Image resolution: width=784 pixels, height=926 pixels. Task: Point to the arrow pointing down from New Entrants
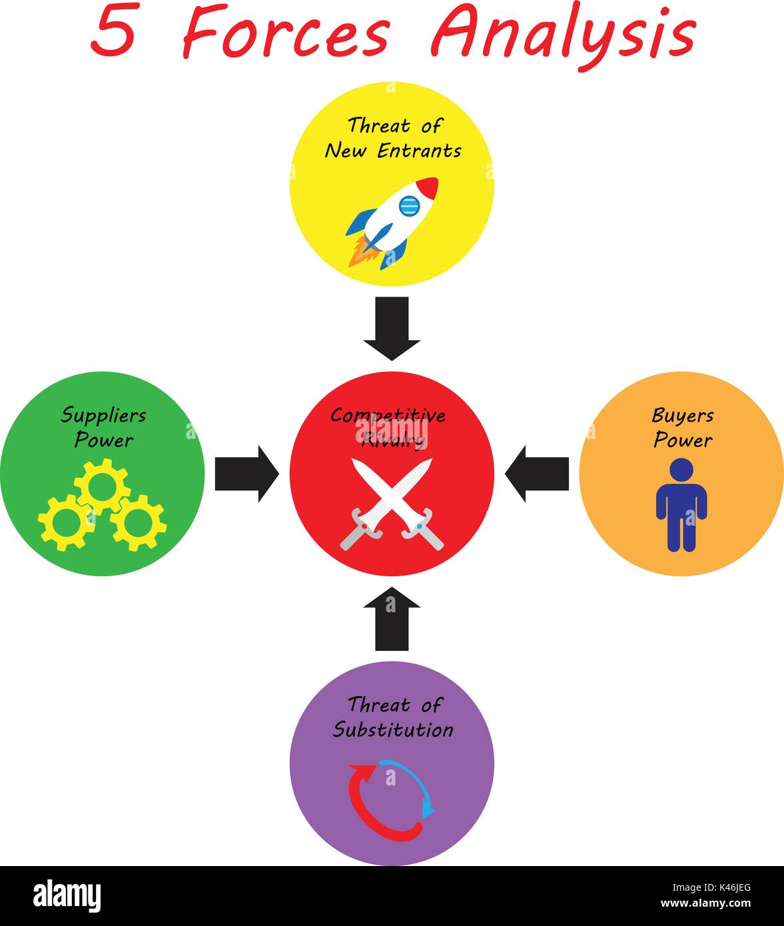392,328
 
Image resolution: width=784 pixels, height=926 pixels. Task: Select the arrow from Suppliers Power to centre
246,474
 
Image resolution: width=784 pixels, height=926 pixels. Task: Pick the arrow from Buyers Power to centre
537,474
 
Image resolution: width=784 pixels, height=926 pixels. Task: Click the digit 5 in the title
114,33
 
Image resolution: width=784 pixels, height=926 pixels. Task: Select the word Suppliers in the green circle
103,416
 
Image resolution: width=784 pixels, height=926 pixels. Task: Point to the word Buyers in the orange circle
682,416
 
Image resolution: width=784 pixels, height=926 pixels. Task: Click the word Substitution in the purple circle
392,729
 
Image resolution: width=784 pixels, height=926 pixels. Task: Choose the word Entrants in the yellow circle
419,151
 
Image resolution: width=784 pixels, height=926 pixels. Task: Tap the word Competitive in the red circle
388,416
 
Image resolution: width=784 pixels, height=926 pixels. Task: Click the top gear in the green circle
102,488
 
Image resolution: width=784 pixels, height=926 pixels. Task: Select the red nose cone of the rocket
428,187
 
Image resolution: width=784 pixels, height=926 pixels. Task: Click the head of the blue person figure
681,470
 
